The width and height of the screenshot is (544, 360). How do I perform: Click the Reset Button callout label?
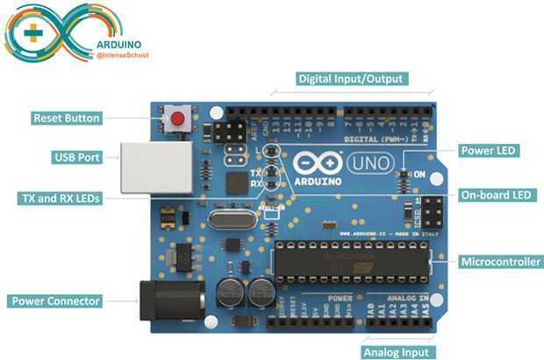pyautogui.click(x=67, y=117)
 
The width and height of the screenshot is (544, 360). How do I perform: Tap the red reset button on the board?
pyautogui.click(x=179, y=118)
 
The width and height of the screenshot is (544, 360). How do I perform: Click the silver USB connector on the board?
pyautogui.click(x=153, y=168)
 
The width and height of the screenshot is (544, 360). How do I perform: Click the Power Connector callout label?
pyautogui.click(x=55, y=301)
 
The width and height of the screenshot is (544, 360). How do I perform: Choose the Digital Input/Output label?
pyautogui.click(x=351, y=78)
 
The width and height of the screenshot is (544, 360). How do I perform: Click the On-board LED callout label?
pyautogui.click(x=495, y=195)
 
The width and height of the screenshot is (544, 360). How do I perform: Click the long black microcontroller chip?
pyautogui.click(x=351, y=261)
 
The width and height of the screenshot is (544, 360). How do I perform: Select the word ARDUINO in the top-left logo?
pyautogui.click(x=120, y=43)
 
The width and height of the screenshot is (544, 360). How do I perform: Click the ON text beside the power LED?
pyautogui.click(x=419, y=175)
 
